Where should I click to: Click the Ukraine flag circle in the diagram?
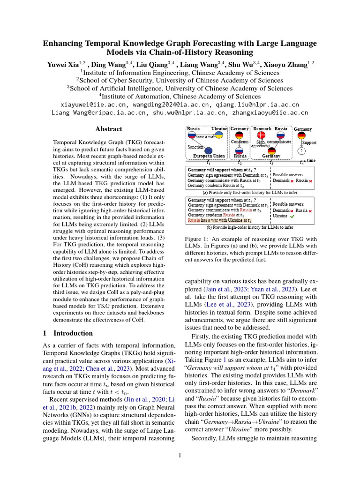[x=218, y=135]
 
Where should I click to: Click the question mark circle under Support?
[x=302, y=151]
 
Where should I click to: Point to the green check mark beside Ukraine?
[x=292, y=217]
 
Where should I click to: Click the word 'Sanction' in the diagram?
[x=195, y=146]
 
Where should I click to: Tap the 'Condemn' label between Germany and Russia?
[x=240, y=142]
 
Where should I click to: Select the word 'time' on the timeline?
[x=311, y=160]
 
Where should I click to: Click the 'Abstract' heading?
[x=109, y=129]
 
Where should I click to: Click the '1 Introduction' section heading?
[x=68, y=333]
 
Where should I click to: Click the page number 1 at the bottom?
[x=180, y=454]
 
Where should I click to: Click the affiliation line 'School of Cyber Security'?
[x=180, y=80]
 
